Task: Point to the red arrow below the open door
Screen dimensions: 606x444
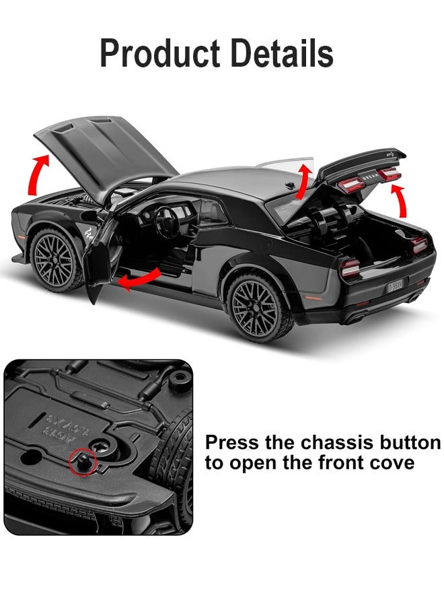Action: tap(139, 279)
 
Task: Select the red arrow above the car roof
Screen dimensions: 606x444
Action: tap(305, 177)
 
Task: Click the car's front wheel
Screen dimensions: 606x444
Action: tap(57, 259)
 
